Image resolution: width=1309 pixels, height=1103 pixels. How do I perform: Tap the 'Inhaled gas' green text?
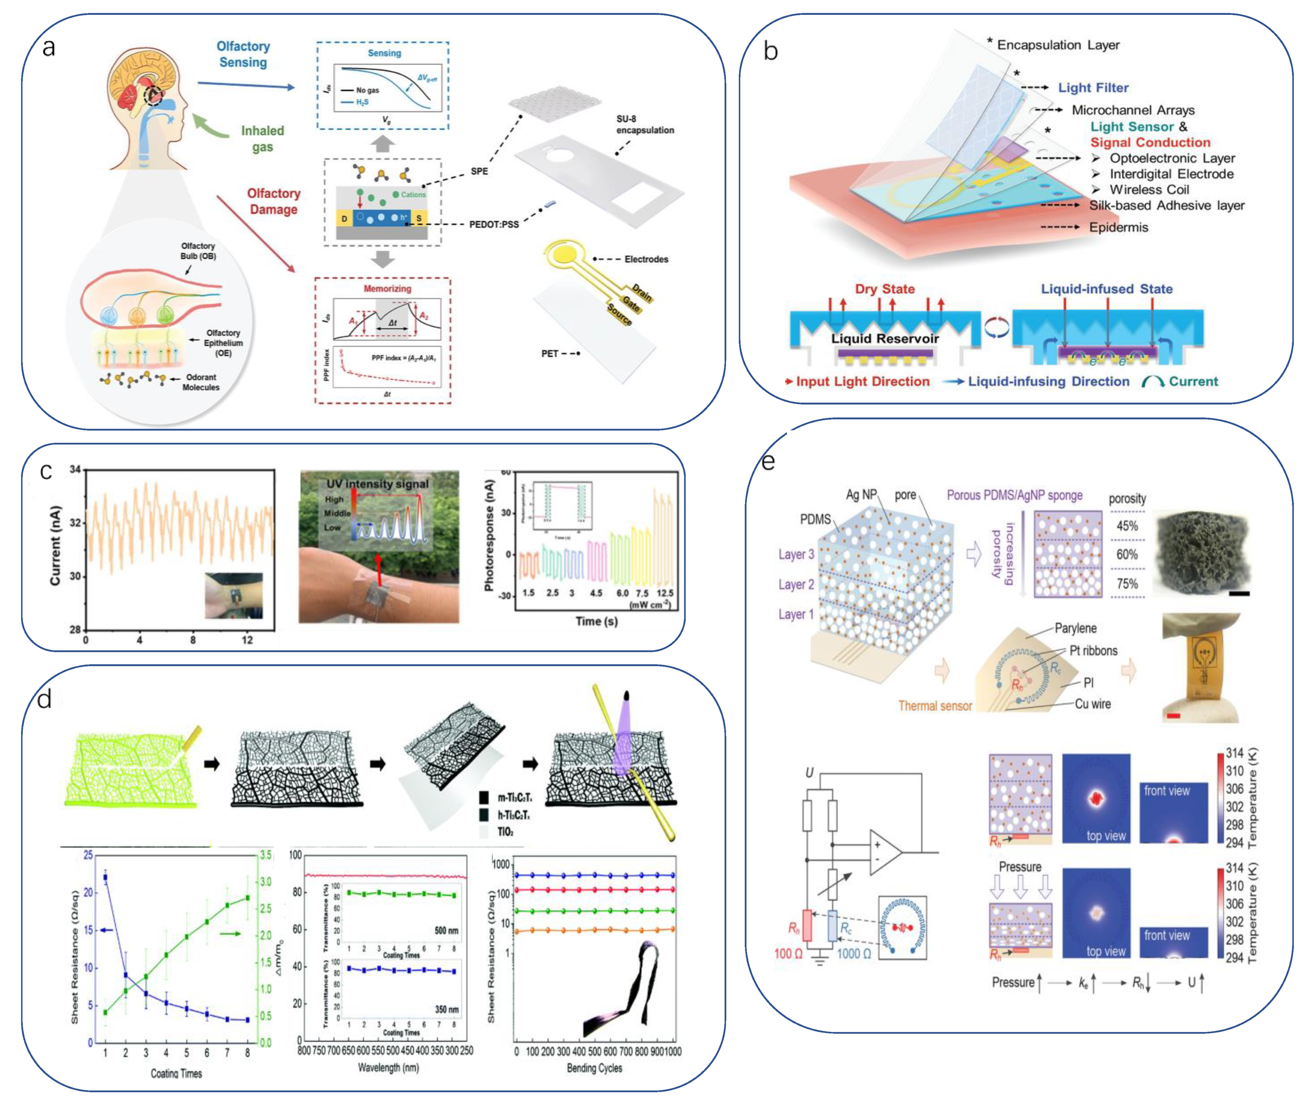[x=263, y=138]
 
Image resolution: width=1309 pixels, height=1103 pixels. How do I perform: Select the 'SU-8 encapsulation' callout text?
[x=645, y=124]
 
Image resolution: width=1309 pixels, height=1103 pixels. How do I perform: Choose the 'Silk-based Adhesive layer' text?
[x=1166, y=206]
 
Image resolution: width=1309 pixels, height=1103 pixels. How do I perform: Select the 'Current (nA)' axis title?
[x=56, y=545]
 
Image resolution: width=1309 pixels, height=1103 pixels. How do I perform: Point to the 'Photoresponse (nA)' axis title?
[x=490, y=535]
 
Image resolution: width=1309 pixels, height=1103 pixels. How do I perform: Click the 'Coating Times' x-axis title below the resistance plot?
[x=176, y=1074]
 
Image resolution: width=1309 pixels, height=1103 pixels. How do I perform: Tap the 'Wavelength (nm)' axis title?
[x=388, y=1067]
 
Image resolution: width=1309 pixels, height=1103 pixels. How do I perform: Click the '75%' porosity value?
[x=1127, y=584]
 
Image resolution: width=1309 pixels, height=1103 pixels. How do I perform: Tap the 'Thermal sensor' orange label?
[x=935, y=706]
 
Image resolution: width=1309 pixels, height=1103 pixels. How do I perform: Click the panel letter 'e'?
[x=769, y=462]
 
